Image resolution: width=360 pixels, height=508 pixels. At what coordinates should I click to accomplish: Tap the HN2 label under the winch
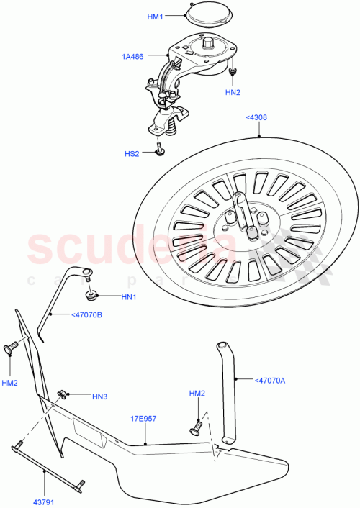[x=233, y=92]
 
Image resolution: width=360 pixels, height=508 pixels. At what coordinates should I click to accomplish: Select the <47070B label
[x=86, y=314]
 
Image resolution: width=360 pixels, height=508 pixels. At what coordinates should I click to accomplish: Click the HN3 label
[x=100, y=396]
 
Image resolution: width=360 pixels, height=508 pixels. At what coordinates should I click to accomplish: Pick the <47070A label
[x=270, y=381]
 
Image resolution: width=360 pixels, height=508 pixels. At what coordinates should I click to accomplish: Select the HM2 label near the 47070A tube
[x=197, y=394]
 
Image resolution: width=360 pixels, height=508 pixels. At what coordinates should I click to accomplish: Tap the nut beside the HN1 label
[x=93, y=294]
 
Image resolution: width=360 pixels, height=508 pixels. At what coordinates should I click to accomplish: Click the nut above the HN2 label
[x=233, y=72]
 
